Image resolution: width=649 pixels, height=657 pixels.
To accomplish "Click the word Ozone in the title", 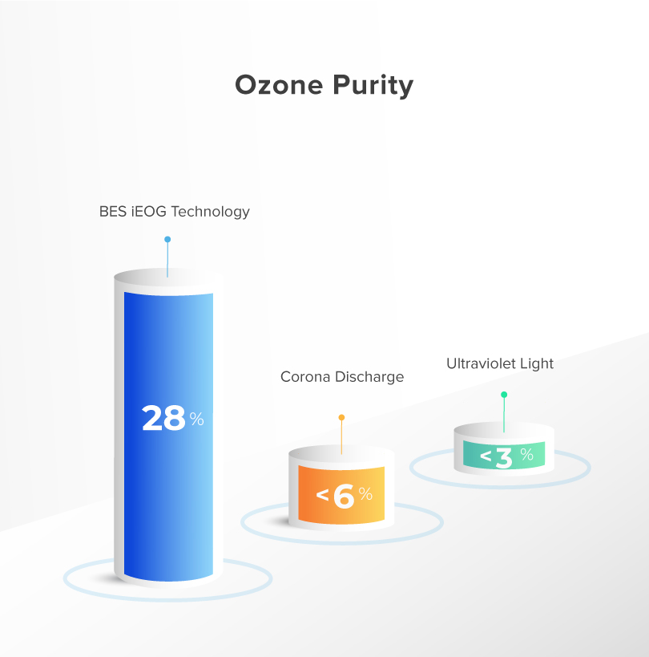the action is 279,85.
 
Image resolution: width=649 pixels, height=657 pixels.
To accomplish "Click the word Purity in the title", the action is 373,86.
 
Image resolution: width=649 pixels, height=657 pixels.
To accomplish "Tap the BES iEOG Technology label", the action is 175,212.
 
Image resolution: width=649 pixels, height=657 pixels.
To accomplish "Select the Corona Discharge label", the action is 342,377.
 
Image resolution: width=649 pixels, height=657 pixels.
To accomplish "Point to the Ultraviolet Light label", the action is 500,363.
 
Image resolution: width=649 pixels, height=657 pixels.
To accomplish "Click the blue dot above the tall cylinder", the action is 167,239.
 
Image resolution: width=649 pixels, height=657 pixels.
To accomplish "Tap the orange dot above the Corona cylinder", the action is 341,417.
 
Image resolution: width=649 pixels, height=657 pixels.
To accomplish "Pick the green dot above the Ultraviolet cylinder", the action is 504,395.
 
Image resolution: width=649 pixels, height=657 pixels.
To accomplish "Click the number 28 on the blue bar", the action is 163,418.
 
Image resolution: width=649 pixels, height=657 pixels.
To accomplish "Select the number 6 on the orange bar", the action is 344,496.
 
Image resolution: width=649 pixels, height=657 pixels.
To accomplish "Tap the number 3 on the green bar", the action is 504,457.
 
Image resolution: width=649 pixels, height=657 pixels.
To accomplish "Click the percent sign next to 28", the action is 196,419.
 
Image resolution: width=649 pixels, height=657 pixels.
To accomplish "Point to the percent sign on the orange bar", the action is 365,493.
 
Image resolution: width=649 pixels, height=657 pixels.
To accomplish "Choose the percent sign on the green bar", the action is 527,454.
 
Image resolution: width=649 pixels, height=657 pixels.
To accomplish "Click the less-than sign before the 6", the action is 322,495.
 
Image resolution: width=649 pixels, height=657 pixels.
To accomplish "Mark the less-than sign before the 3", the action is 486,456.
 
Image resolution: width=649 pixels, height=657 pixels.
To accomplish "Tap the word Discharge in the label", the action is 369,377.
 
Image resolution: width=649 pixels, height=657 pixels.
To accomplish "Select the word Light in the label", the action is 537,363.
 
